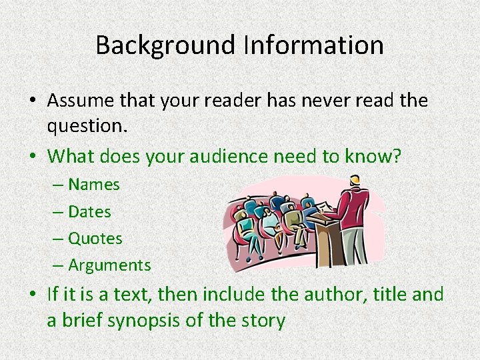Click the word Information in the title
pyautogui.click(x=313, y=45)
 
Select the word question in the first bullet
pyautogui.click(x=86, y=127)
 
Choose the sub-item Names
pyautogui.click(x=94, y=185)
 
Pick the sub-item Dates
pyautogui.click(x=90, y=212)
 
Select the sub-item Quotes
pyautogui.click(x=95, y=239)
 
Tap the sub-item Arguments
pyautogui.click(x=110, y=265)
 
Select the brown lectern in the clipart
pyautogui.click(x=329, y=240)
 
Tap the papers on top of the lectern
pyautogui.click(x=323, y=206)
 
